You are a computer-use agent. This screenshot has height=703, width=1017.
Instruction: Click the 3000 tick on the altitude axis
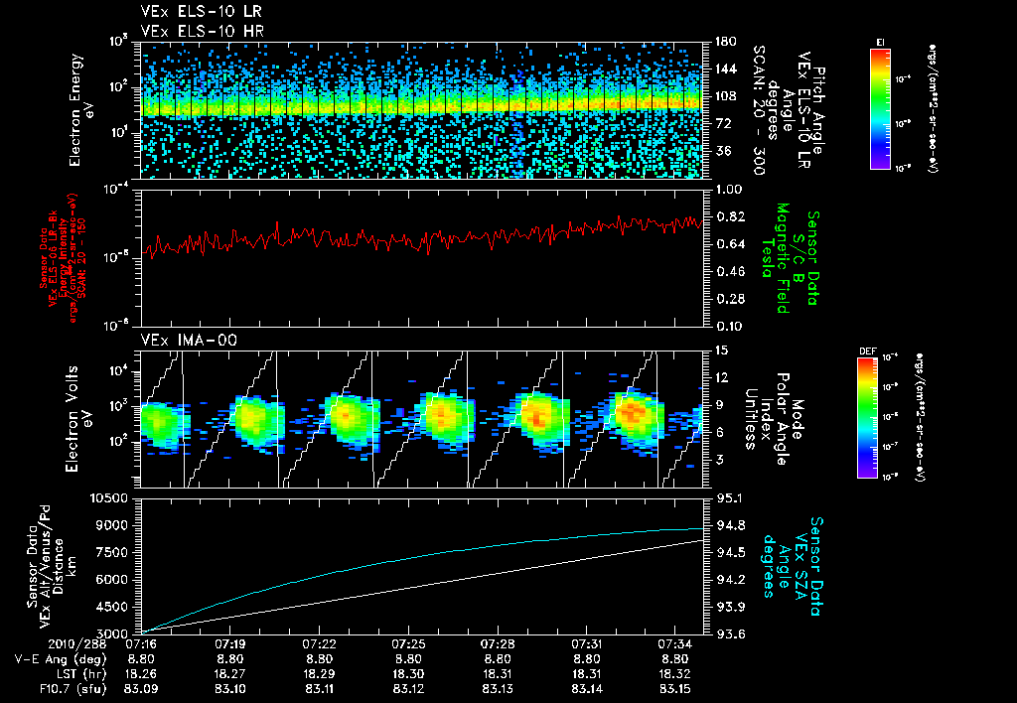(x=115, y=633)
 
